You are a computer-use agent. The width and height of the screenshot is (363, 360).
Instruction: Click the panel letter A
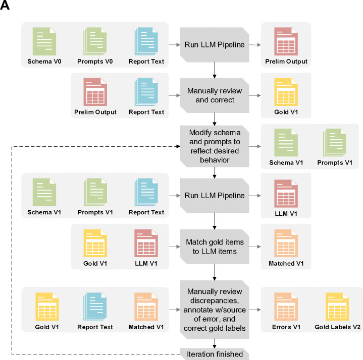[x=6, y=7]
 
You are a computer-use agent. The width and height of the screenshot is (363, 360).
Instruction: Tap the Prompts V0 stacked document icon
[x=94, y=43]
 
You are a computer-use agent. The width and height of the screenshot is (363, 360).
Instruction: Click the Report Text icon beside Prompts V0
[x=146, y=43]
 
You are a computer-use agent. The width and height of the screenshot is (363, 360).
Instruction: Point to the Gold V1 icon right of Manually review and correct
[x=285, y=92]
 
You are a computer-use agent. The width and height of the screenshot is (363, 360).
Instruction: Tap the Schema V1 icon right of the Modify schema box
[x=285, y=143]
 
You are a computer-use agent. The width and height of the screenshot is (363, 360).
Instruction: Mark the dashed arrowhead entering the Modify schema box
[x=178, y=146]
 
